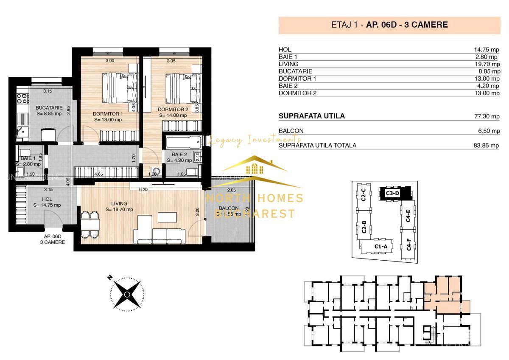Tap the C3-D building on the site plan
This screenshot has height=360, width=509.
click(x=393, y=193)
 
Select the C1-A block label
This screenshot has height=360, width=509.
click(x=380, y=246)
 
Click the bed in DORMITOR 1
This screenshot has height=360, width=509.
click(x=115, y=87)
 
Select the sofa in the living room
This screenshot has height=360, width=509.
click(x=159, y=235)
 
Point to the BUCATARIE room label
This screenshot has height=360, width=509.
click(x=49, y=108)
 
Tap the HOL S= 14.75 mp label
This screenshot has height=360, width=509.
click(x=47, y=202)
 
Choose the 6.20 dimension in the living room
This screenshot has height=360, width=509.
click(x=143, y=190)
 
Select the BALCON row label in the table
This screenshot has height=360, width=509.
click(x=291, y=131)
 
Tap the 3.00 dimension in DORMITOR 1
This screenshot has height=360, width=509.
click(x=110, y=61)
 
